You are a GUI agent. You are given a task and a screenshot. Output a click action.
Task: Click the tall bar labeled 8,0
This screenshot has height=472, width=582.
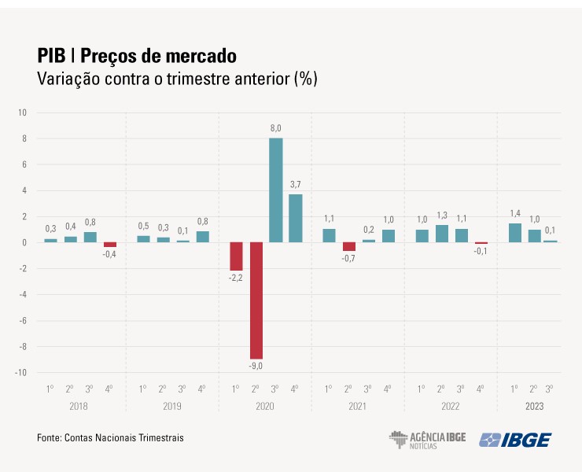tap(276, 190)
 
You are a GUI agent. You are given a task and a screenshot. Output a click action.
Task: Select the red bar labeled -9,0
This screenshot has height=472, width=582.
tap(256, 300)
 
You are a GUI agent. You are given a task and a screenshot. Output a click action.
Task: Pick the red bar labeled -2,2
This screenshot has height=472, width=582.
tap(236, 256)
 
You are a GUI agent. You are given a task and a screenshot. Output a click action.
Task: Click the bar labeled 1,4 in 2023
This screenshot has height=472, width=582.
tap(515, 233)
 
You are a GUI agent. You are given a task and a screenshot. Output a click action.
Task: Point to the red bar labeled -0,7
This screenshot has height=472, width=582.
tap(349, 246)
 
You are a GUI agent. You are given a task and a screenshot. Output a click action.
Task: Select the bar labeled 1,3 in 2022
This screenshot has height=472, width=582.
tap(442, 234)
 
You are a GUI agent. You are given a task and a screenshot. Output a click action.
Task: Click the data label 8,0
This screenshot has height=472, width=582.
tap(276, 127)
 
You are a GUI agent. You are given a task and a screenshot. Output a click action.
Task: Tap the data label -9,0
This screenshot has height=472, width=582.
tap(256, 366)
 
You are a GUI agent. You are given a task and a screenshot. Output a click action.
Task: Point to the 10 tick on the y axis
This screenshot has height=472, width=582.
tap(22, 112)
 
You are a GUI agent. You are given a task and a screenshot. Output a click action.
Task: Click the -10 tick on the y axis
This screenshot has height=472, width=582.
tap(20, 372)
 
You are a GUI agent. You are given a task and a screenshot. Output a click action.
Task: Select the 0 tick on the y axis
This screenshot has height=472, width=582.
tap(24, 242)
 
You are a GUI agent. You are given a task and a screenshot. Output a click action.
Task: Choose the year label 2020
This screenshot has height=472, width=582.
tap(265, 407)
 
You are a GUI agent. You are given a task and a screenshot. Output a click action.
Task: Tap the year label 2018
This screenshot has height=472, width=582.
tap(79, 407)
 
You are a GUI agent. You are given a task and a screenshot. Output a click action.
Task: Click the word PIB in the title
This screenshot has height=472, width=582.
tap(51, 57)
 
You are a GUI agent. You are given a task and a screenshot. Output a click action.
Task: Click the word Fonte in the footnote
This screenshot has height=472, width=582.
tap(50, 437)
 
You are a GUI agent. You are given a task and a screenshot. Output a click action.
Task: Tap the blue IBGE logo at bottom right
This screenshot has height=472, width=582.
tap(515, 439)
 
